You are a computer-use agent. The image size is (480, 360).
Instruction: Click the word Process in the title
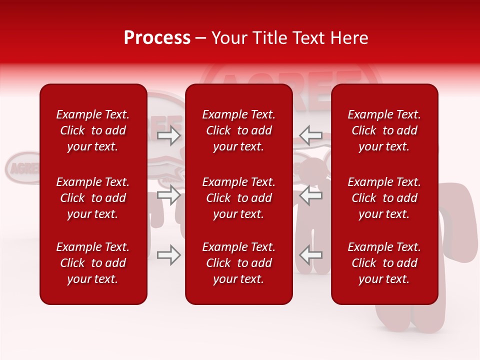157,38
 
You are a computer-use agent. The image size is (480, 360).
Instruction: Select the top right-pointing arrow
169,135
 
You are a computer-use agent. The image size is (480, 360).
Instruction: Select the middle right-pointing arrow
169,195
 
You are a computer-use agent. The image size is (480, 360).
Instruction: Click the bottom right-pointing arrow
169,255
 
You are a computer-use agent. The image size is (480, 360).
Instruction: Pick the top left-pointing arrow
310,135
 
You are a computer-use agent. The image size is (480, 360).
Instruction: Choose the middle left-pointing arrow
310,195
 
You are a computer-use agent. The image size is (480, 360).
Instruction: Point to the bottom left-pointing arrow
310,255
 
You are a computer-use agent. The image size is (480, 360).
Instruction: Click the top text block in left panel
93,130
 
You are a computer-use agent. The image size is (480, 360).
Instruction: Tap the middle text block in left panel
93,198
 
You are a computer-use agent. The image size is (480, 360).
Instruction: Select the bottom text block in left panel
93,263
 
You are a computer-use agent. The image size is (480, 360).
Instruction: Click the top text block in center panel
239,130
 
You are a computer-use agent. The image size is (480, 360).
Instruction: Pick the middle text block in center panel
239,198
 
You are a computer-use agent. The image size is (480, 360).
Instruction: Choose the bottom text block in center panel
239,263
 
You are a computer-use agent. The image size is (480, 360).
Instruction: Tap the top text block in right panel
384,130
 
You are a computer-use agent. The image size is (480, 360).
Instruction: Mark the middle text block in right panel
384,198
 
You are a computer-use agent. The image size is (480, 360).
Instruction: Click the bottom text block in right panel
384,263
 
